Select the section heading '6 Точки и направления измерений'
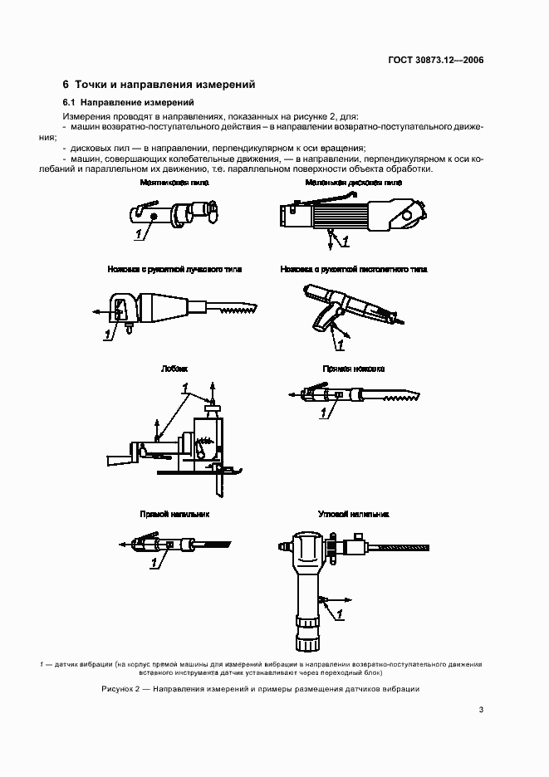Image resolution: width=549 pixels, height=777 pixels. coord(159,84)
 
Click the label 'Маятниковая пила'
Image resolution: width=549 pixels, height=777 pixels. coord(162,182)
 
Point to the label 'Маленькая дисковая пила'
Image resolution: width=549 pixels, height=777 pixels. coord(353,182)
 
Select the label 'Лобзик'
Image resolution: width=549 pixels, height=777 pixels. coord(174,368)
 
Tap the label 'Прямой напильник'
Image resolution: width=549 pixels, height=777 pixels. coord(174,514)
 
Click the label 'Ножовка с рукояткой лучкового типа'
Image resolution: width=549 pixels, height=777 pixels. coord(162,270)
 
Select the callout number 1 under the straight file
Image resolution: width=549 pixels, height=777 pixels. coord(154,563)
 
